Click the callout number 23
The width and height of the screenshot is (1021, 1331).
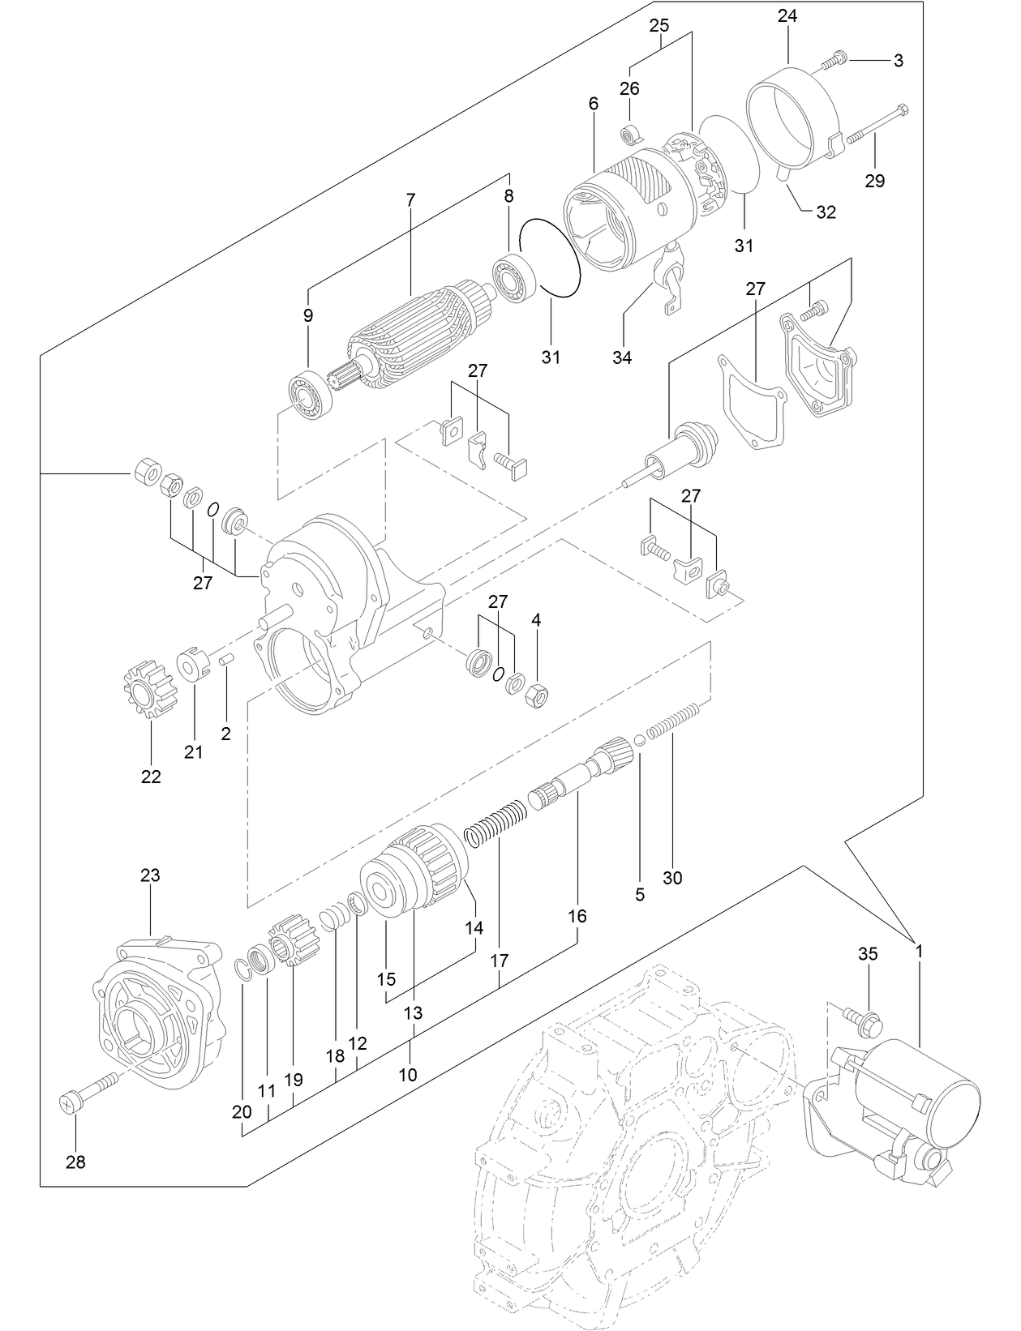pyautogui.click(x=150, y=875)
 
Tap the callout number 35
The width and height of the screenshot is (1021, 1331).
pyautogui.click(x=868, y=954)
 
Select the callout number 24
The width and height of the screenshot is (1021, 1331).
pyautogui.click(x=787, y=15)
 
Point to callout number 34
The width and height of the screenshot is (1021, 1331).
pyautogui.click(x=622, y=357)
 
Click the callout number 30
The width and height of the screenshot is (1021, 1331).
pyautogui.click(x=672, y=878)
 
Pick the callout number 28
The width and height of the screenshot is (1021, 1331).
pyautogui.click(x=75, y=1162)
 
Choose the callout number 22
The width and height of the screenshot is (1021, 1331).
pyautogui.click(x=151, y=777)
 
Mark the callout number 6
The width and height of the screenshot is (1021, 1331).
pyautogui.click(x=594, y=104)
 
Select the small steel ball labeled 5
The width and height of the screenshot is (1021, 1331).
pyautogui.click(x=639, y=739)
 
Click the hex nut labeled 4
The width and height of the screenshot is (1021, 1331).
pyautogui.click(x=538, y=695)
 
